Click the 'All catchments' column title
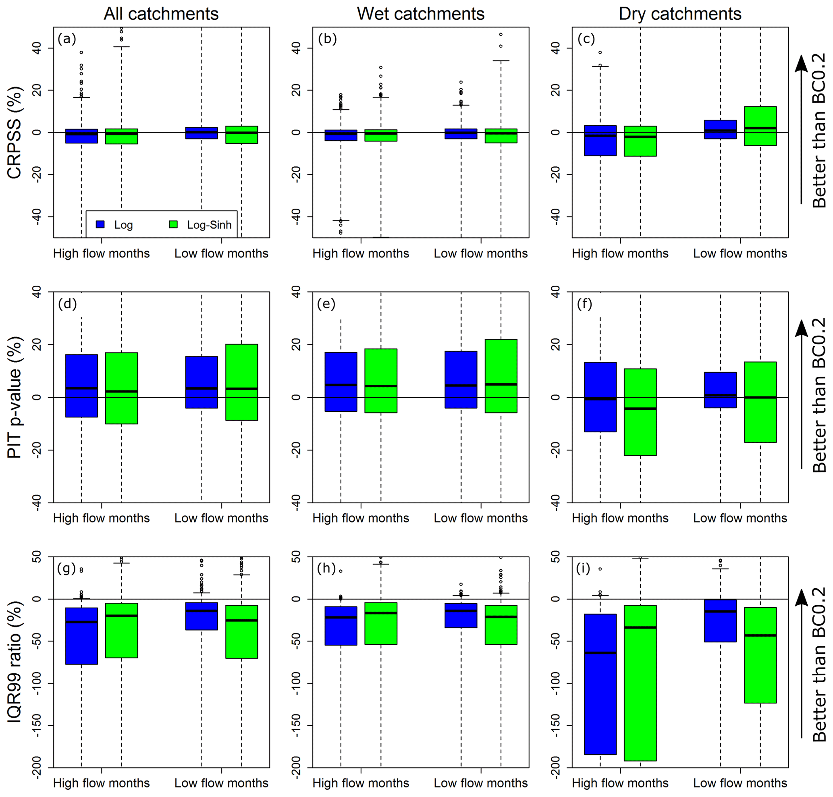click(x=161, y=14)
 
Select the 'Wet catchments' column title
click(x=420, y=14)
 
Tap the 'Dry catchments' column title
click(x=680, y=14)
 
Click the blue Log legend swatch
click(x=100, y=224)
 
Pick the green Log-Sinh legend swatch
click(x=173, y=224)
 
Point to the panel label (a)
click(x=67, y=39)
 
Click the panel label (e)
click(x=326, y=304)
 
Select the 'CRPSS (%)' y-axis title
click(x=15, y=133)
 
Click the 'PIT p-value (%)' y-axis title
click(x=15, y=397)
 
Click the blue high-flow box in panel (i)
click(x=600, y=684)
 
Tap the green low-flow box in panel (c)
click(x=760, y=126)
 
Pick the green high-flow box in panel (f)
click(x=640, y=412)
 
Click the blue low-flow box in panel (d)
click(x=201, y=382)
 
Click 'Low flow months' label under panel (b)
click(x=481, y=253)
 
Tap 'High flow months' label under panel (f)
click(x=620, y=518)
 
